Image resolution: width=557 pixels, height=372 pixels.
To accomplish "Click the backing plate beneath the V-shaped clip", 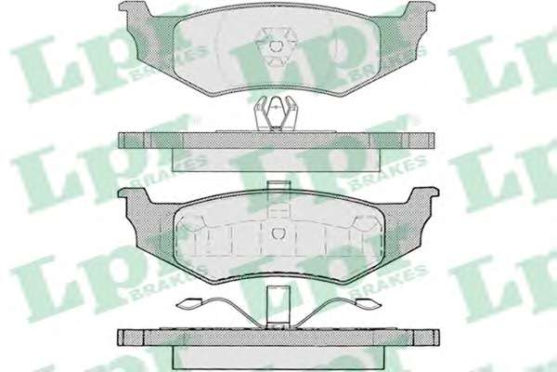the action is (277, 140).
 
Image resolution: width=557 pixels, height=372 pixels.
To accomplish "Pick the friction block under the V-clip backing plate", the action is (274, 160).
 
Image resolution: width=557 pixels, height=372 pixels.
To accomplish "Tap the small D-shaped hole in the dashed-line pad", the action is (278, 233).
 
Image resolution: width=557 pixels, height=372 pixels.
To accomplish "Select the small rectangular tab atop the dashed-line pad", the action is (278, 185).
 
